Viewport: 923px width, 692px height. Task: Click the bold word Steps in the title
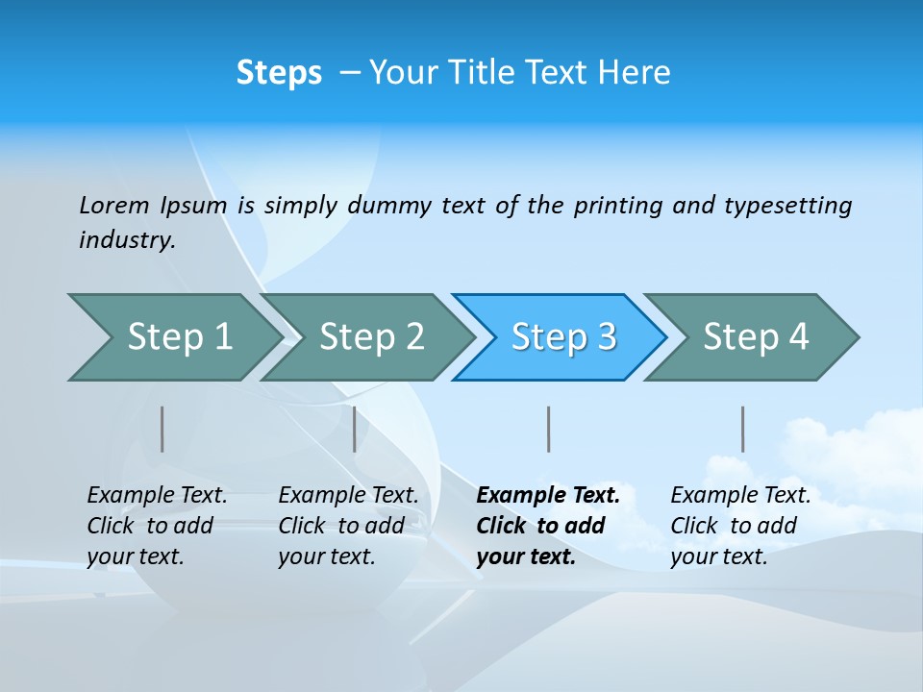pyautogui.click(x=279, y=73)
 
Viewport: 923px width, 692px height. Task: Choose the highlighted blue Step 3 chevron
pyautogui.click(x=563, y=337)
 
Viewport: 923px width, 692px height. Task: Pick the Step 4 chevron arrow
pyautogui.click(x=756, y=337)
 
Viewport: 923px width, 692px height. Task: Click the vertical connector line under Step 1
pyautogui.click(x=162, y=429)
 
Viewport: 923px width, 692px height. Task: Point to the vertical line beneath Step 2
pyautogui.click(x=355, y=429)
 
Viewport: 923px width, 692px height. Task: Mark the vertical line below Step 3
pyautogui.click(x=548, y=429)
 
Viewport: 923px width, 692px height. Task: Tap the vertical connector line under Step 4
pyautogui.click(x=742, y=429)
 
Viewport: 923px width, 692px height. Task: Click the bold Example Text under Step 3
pyautogui.click(x=548, y=496)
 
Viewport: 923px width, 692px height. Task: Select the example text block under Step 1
pyautogui.click(x=157, y=526)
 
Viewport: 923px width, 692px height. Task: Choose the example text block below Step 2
pyautogui.click(x=348, y=526)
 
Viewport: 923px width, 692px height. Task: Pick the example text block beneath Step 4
pyautogui.click(x=740, y=526)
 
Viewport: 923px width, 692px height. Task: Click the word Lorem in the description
pyautogui.click(x=114, y=206)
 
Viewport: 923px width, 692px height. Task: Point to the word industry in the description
pyautogui.click(x=127, y=240)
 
